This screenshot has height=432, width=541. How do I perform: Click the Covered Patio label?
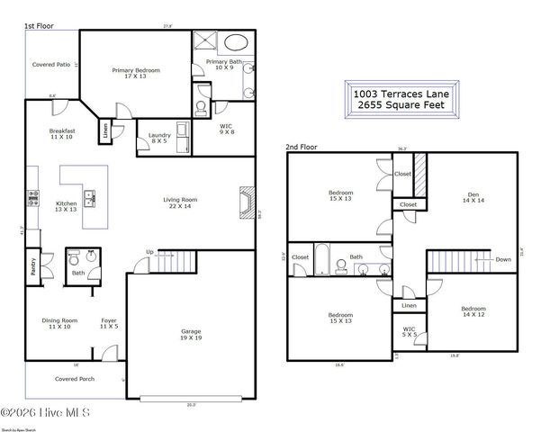pyautogui.click(x=51, y=65)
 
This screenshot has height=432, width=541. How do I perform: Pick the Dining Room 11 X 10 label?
pyautogui.click(x=62, y=323)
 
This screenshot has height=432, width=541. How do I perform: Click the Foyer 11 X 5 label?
pyautogui.click(x=108, y=323)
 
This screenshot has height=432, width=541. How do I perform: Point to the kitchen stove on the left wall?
pyautogui.click(x=32, y=197)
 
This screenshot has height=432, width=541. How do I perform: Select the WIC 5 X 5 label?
pyautogui.click(x=410, y=332)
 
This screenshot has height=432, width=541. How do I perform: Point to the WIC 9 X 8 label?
pyautogui.click(x=227, y=130)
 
